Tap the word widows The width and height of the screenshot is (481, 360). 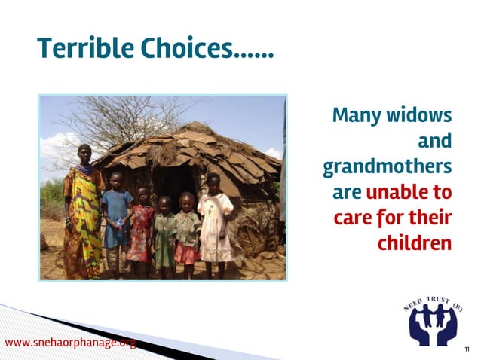[x=420, y=116]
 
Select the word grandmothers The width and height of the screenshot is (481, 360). [x=388, y=167]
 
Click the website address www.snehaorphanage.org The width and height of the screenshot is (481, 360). [x=71, y=343]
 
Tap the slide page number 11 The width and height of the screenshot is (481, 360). [x=467, y=349]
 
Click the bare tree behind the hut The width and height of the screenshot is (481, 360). [x=113, y=121]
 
